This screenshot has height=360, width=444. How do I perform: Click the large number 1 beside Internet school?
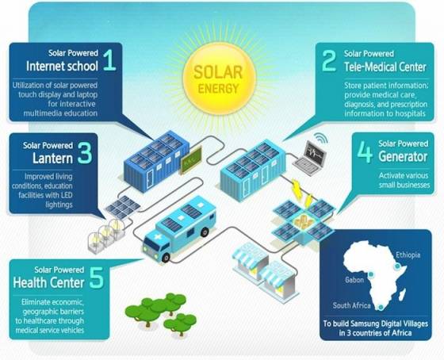[109, 59]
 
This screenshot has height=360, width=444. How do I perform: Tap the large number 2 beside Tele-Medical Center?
[329, 60]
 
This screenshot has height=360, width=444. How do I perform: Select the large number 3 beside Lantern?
[85, 153]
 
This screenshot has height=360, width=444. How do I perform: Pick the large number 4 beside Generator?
[365, 152]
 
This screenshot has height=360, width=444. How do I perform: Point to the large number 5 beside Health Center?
[97, 278]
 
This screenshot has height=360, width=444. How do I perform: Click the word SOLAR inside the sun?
[218, 72]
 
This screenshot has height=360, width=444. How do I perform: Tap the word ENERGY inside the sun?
[218, 89]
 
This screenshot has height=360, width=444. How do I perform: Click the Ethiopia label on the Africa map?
[408, 255]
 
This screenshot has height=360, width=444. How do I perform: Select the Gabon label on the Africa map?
[354, 280]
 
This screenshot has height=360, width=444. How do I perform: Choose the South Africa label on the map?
[352, 305]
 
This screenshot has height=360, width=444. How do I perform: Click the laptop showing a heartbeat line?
[310, 158]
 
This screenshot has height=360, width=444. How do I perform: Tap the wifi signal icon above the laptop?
[321, 138]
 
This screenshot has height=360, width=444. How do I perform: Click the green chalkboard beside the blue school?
[191, 160]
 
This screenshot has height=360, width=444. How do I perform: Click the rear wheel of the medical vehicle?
[205, 232]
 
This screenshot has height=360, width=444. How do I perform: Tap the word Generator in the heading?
[403, 156]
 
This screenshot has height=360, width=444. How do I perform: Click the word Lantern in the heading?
[52, 158]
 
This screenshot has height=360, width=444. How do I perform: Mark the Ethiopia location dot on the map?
[397, 266]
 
